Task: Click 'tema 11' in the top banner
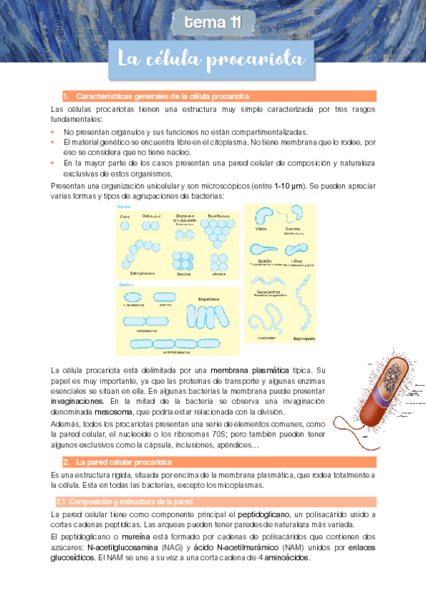213,24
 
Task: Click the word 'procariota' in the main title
255,60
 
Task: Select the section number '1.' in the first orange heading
65,96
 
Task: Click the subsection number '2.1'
60,501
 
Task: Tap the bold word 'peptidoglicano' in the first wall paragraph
265,514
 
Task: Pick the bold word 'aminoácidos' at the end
285,557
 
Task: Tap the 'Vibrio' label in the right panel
261,230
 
